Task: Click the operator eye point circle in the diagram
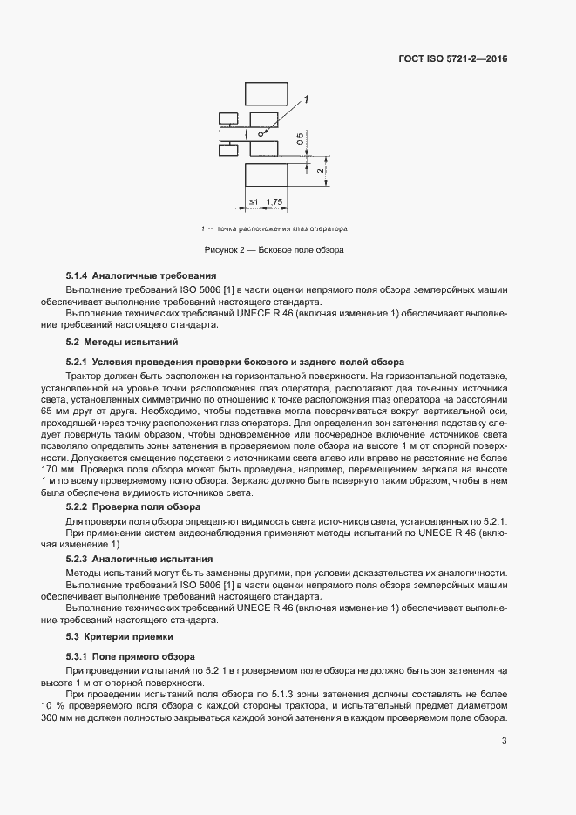(x=260, y=133)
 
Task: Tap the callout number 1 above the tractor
(x=306, y=101)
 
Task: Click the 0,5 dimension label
(x=301, y=139)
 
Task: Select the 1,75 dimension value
(x=274, y=202)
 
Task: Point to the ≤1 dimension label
(x=253, y=202)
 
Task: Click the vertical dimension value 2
(x=321, y=172)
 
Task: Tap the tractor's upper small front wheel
(x=227, y=118)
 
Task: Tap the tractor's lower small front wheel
(x=227, y=149)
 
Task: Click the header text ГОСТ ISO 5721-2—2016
(x=452, y=58)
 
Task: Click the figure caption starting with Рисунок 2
(x=274, y=250)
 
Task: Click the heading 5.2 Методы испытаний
(x=122, y=342)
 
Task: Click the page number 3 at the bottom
(x=505, y=742)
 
